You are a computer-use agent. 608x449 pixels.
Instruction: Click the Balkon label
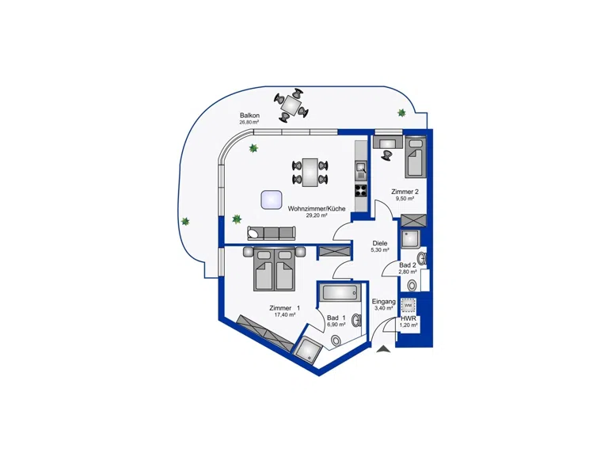(249, 116)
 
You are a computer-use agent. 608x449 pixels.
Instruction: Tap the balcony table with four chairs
(291, 104)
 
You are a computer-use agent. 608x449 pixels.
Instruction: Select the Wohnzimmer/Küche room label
(317, 208)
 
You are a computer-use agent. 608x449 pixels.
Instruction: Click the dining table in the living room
(310, 172)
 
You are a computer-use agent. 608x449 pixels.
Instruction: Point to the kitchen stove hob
(361, 190)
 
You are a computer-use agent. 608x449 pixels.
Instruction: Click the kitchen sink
(361, 170)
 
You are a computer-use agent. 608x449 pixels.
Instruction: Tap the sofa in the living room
(271, 233)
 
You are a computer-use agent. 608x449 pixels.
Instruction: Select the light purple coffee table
(272, 200)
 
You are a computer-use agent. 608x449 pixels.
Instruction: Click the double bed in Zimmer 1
(275, 269)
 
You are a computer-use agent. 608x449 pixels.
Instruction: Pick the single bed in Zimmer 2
(416, 157)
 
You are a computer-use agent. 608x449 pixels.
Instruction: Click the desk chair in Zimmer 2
(386, 154)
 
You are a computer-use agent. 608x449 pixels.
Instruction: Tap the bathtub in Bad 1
(340, 291)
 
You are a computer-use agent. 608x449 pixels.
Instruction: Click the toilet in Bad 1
(336, 341)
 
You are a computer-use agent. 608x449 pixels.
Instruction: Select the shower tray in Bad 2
(410, 239)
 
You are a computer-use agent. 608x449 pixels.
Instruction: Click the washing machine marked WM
(408, 305)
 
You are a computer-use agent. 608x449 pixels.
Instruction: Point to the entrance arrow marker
(383, 349)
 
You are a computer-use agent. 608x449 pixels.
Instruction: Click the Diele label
(380, 243)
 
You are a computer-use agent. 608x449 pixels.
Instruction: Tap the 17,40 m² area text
(285, 315)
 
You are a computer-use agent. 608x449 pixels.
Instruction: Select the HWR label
(408, 318)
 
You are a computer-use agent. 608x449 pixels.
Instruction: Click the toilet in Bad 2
(412, 286)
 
